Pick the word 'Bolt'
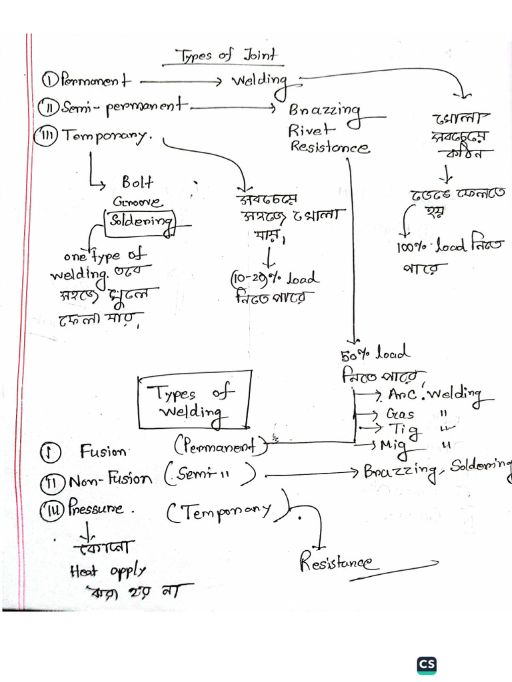coord(137,182)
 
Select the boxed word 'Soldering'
coord(139,222)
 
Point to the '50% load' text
coord(376,353)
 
